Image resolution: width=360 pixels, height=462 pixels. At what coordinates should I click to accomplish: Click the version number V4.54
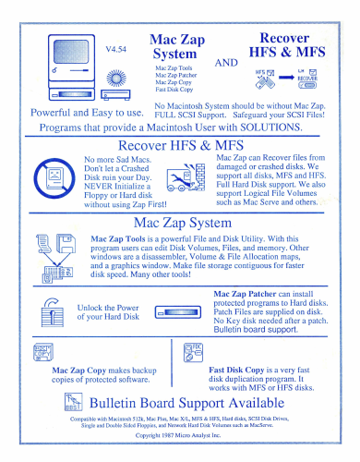tap(116, 49)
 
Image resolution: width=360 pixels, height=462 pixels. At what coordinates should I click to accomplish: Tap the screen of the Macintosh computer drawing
tap(71, 52)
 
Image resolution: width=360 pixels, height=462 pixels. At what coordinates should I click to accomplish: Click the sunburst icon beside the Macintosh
tap(116, 78)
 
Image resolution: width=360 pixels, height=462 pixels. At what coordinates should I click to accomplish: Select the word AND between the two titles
tap(226, 63)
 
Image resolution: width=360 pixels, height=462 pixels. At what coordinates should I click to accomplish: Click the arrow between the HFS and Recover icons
tap(286, 78)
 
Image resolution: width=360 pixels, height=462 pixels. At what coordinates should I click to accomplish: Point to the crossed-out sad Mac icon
tap(54, 178)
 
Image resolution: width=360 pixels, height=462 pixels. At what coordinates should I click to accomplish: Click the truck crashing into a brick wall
tap(186, 177)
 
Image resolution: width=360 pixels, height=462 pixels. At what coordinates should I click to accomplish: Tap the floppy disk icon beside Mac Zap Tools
tap(66, 243)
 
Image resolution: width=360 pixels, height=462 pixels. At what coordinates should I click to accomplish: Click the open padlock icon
tap(53, 312)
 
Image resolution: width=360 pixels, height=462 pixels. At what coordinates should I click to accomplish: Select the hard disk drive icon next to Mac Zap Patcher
tap(178, 312)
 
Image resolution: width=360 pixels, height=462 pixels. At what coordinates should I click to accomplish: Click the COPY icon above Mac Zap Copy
tap(43, 352)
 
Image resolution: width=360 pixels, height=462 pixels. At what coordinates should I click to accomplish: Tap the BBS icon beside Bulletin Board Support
tap(74, 402)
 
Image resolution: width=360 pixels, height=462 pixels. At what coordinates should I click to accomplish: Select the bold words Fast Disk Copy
tap(236, 370)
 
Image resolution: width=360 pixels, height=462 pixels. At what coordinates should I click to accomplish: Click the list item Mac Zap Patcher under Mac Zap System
tap(175, 75)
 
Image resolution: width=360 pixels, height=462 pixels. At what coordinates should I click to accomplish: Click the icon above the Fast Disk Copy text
tap(193, 352)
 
